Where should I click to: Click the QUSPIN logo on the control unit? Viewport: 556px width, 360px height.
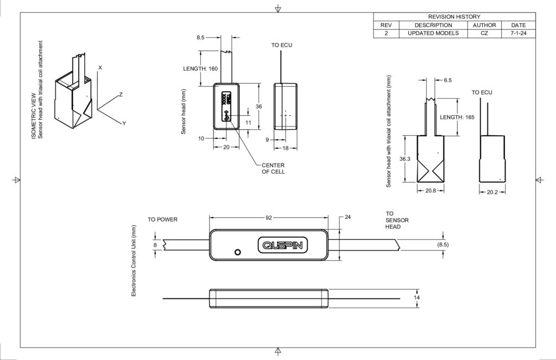[282, 245]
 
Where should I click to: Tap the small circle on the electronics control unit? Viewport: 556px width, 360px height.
[238, 252]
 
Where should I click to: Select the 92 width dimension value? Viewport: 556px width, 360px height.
[269, 217]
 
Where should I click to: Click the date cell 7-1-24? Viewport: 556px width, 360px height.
[519, 33]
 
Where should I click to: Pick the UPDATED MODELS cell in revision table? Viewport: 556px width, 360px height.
[433, 33]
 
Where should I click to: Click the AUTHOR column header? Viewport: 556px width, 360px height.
[484, 25]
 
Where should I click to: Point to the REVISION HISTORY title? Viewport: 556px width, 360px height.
[454, 17]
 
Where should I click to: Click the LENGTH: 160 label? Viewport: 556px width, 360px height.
[200, 68]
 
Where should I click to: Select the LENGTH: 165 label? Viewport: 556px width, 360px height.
[457, 117]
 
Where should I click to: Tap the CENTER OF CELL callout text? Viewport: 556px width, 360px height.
[273, 168]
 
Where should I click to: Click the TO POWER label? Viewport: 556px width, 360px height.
[162, 219]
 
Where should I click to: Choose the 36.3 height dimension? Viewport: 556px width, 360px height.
[405, 159]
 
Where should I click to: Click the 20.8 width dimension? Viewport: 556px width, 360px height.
[431, 191]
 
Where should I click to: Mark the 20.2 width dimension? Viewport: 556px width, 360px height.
[492, 192]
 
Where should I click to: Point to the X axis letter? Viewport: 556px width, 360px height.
[100, 67]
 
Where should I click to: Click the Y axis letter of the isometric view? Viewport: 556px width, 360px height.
[124, 123]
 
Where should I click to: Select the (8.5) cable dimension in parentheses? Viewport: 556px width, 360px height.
[443, 244]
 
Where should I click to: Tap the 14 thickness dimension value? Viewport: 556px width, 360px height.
[416, 297]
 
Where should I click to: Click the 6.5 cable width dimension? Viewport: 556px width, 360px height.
[448, 80]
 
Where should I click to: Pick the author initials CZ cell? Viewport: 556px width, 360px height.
[484, 33]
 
